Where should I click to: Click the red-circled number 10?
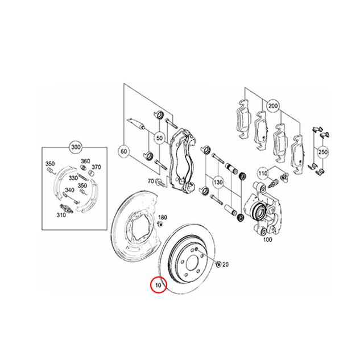158,284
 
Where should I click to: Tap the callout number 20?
225,264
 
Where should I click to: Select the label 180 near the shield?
163,218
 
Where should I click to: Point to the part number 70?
151,181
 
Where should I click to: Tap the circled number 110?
263,173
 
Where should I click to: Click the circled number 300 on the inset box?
75,147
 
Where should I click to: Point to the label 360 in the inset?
85,162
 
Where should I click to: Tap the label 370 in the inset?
96,167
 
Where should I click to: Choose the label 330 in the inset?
73,177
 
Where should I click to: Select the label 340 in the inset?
68,191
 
